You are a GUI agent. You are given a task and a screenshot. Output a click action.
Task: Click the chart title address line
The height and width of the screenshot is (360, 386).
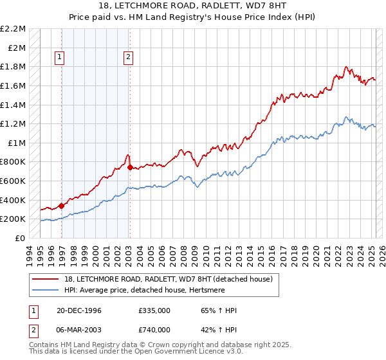tap(192, 6)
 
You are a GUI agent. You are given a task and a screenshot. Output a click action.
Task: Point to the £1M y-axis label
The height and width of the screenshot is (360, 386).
tap(17, 143)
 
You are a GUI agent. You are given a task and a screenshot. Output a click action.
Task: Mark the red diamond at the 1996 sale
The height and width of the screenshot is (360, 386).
tap(62, 206)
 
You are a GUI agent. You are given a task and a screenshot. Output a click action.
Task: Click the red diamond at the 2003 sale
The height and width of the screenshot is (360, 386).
tap(130, 168)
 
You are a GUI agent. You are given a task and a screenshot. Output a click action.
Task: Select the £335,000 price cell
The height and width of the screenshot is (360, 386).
tap(154, 310)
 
